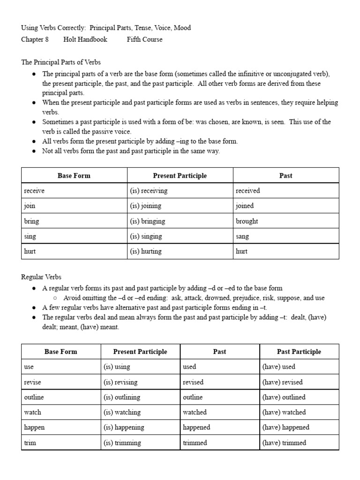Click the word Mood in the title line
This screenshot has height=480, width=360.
pos(182,28)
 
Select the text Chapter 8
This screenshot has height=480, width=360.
pos(35,39)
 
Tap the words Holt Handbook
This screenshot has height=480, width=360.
pos(85,39)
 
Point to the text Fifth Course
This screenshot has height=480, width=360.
pos(144,39)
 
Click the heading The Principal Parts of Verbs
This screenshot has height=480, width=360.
pos(61,62)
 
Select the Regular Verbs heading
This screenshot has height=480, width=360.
pos(41,277)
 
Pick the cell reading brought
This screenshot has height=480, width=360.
pos(247,221)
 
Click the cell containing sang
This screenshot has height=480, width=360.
pos(242,236)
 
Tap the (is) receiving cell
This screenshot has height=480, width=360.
pos(149,191)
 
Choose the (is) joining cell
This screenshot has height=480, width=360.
pos(145,206)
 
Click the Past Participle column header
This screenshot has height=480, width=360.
pos(299,352)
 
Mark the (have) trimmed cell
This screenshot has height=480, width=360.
pos(284,442)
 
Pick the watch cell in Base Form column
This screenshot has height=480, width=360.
pos(32,412)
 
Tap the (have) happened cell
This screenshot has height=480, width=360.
pos(286,427)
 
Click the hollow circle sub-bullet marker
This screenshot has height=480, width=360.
pos(55,298)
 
